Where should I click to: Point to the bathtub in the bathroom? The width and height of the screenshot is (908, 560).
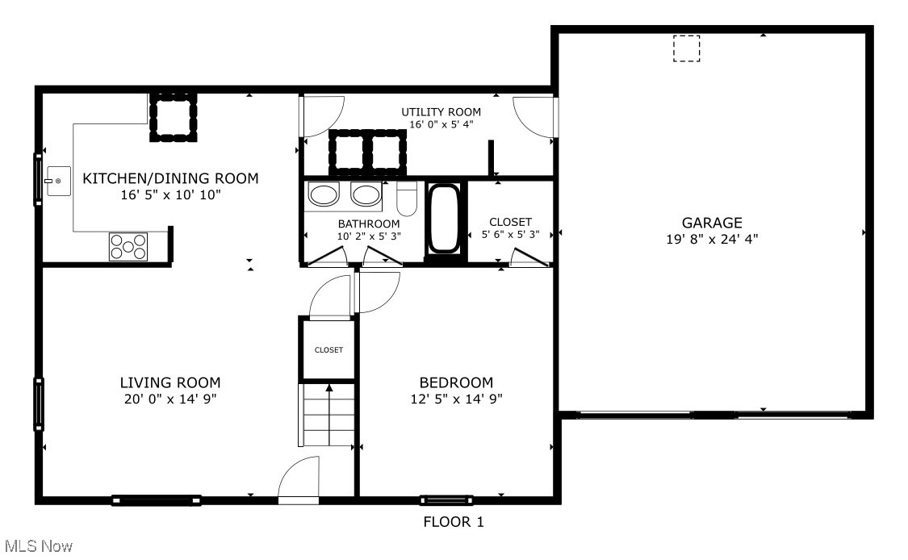(x=446, y=219)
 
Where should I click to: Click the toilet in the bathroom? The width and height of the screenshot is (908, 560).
(x=407, y=199)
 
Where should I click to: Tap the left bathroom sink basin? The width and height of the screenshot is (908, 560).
(x=324, y=195)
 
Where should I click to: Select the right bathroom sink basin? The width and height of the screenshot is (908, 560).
(x=366, y=195)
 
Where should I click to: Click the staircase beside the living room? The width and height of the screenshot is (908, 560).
(x=328, y=415)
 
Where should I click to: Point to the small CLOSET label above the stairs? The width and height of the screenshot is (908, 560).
(x=328, y=350)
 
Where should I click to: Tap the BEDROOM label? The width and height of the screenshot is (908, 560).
(x=455, y=382)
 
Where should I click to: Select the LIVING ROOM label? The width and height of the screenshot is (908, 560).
(x=169, y=382)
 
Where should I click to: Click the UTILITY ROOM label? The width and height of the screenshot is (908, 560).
(x=441, y=112)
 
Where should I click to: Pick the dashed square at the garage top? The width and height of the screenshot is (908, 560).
(x=686, y=49)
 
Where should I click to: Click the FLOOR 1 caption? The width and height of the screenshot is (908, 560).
(x=454, y=522)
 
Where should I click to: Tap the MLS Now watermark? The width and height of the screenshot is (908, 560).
(x=37, y=547)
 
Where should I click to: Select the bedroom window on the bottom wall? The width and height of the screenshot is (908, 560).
(x=446, y=499)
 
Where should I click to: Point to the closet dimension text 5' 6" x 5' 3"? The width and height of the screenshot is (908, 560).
(x=510, y=236)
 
